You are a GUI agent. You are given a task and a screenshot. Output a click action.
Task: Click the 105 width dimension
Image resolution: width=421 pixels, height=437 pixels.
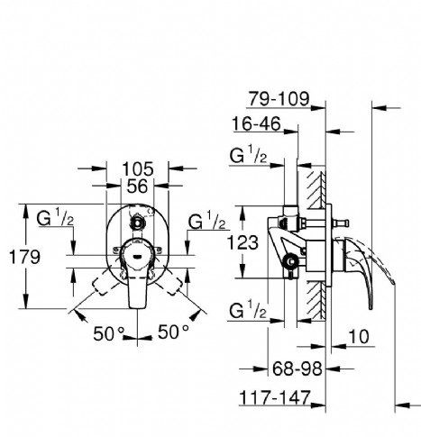click(x=138, y=168)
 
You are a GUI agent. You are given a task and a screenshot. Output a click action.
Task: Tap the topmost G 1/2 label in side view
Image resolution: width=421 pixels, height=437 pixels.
click(x=249, y=156)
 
